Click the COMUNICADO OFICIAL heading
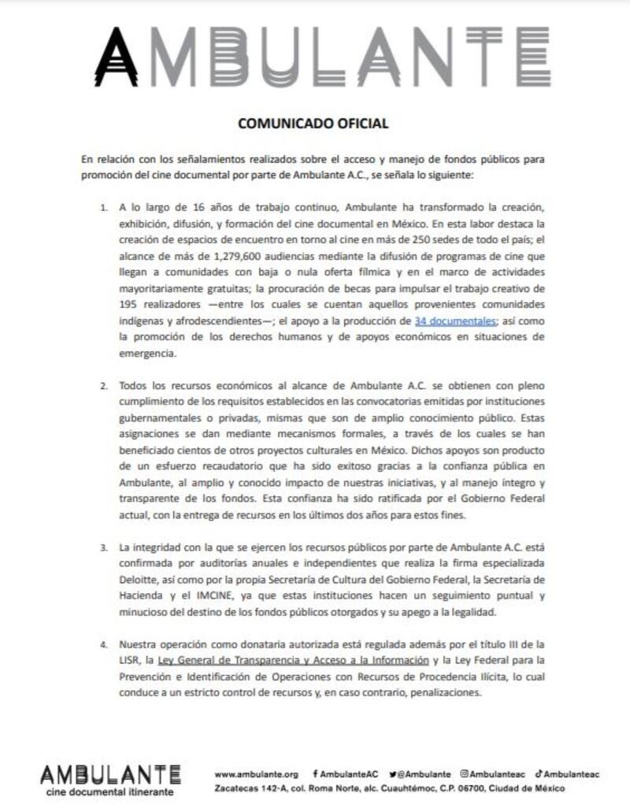coord(313,124)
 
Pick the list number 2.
coord(104,387)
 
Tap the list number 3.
coord(104,547)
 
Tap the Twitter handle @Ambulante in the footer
coord(424,774)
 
